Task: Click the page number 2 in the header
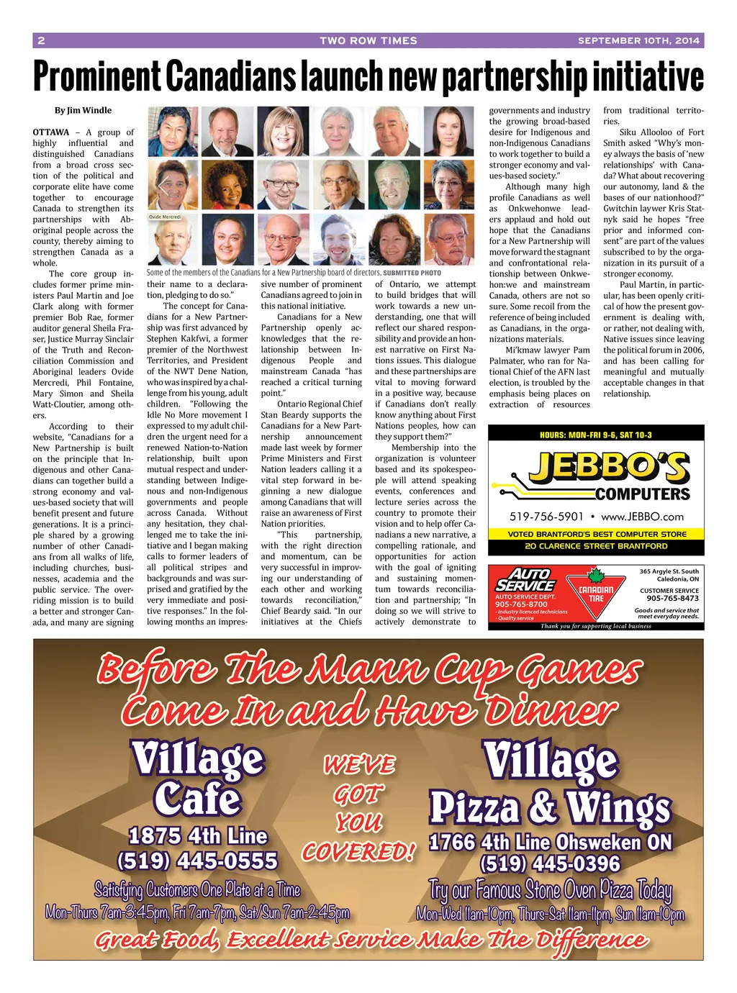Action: tap(41, 41)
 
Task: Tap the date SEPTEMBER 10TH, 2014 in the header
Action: tap(638, 41)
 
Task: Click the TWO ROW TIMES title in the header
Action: tap(368, 41)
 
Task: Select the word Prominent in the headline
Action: tap(97, 76)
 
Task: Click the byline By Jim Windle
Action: tap(83, 111)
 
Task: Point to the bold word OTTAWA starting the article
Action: tap(51, 132)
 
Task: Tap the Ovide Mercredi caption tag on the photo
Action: tap(165, 217)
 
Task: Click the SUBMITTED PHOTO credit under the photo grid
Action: tap(412, 273)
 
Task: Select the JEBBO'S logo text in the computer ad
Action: tap(608, 468)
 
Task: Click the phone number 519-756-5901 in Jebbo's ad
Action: tap(546, 517)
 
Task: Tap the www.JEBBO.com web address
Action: tap(642, 517)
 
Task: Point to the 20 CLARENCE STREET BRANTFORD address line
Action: tap(596, 546)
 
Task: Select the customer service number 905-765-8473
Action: tap(672, 598)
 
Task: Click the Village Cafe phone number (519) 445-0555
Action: tap(197, 861)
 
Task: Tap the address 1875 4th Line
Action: tap(198, 836)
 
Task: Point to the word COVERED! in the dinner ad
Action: tap(358, 853)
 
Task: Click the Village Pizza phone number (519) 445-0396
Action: tap(550, 863)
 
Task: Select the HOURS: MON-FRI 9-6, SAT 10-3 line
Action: tap(596, 435)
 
